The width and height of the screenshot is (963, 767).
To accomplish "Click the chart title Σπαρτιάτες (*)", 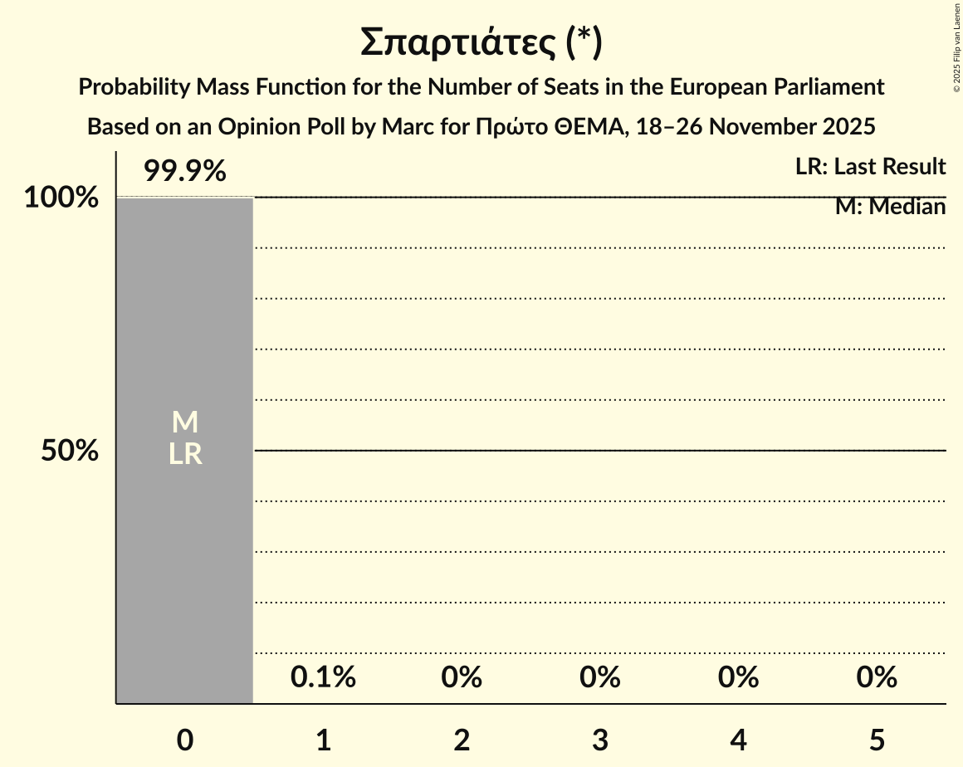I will coord(481,43).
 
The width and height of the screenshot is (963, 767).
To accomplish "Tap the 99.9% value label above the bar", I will coord(184,171).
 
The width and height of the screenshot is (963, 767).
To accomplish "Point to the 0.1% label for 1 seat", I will coord(323,677).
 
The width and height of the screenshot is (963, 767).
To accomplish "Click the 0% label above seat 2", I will coord(462,677).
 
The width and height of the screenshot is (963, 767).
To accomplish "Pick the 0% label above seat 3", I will coord(600,677).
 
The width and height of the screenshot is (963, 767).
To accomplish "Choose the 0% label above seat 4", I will coord(738,677).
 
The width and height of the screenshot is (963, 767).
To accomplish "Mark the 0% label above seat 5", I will coord(877,677).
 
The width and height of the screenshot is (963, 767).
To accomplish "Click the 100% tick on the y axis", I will coord(61,198).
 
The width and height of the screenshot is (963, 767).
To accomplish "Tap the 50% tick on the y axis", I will coord(70,452).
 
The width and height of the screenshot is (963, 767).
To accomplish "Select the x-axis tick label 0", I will coord(184,740).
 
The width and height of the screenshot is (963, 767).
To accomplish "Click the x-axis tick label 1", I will coord(323,740).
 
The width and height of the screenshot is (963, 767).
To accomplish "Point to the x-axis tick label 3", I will coord(600,740).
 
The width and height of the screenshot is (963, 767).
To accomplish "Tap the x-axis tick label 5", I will coord(877,740).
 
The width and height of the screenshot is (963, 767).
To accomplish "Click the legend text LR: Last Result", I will coord(870,167).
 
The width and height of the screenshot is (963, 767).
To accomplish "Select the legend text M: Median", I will coord(890,207).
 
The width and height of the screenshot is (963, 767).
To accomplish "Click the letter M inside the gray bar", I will coord(184,423).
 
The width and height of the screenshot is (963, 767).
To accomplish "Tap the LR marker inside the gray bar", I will coord(184,454).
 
